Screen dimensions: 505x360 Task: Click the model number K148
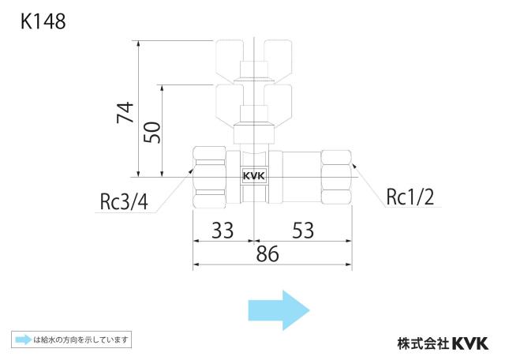point(43,21)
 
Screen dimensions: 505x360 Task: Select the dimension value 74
point(125,112)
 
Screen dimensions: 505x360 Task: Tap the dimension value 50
point(152,133)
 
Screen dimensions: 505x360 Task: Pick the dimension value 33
point(223,230)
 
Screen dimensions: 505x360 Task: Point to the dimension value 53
point(303,230)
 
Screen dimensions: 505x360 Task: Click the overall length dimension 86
point(267,254)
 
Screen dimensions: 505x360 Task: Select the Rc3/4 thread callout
point(124,202)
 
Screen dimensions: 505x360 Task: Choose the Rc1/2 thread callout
point(410,197)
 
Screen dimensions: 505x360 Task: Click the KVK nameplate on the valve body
point(254,176)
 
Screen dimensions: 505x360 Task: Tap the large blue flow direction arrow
point(279,310)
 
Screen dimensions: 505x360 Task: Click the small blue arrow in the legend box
point(24,339)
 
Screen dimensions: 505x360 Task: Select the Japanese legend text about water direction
point(81,339)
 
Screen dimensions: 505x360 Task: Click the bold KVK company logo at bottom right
point(470,343)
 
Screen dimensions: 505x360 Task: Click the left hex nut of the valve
point(209,177)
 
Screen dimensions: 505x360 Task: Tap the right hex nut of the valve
point(336,178)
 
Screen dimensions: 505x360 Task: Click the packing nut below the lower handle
point(254,133)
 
